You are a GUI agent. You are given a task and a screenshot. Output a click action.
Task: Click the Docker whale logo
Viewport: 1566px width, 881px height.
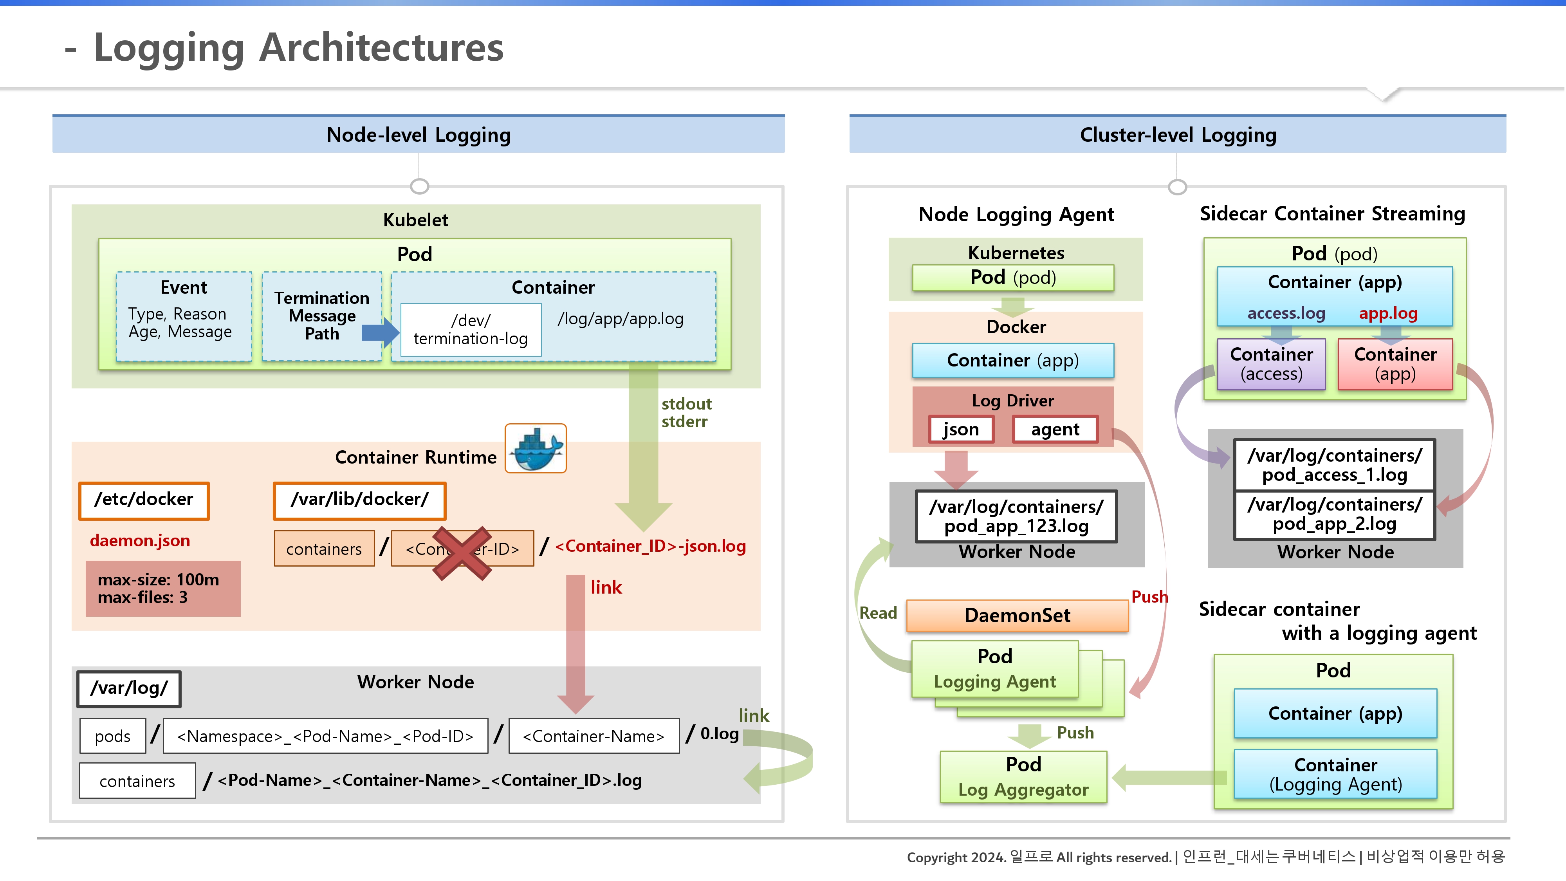[536, 449]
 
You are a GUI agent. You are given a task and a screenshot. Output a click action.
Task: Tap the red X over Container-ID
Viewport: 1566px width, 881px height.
[462, 552]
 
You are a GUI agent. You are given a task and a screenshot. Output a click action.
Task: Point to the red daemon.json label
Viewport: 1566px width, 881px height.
[140, 540]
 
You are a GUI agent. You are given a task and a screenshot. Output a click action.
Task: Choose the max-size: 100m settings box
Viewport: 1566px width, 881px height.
[163, 589]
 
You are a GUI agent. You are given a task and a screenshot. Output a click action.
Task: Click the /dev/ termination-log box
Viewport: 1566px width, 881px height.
[471, 330]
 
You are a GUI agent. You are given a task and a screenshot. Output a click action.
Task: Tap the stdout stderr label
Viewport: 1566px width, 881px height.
[686, 413]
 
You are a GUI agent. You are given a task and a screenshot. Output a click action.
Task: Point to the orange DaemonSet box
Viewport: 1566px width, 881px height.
[1017, 615]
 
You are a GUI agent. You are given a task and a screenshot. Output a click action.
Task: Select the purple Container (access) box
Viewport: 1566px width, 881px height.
[1271, 364]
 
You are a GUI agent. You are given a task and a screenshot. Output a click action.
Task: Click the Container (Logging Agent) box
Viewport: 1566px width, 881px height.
[1335, 774]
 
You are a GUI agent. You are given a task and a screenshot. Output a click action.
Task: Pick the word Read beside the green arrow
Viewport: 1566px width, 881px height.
[878, 613]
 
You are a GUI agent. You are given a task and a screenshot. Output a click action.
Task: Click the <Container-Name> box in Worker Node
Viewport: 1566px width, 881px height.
[594, 736]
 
